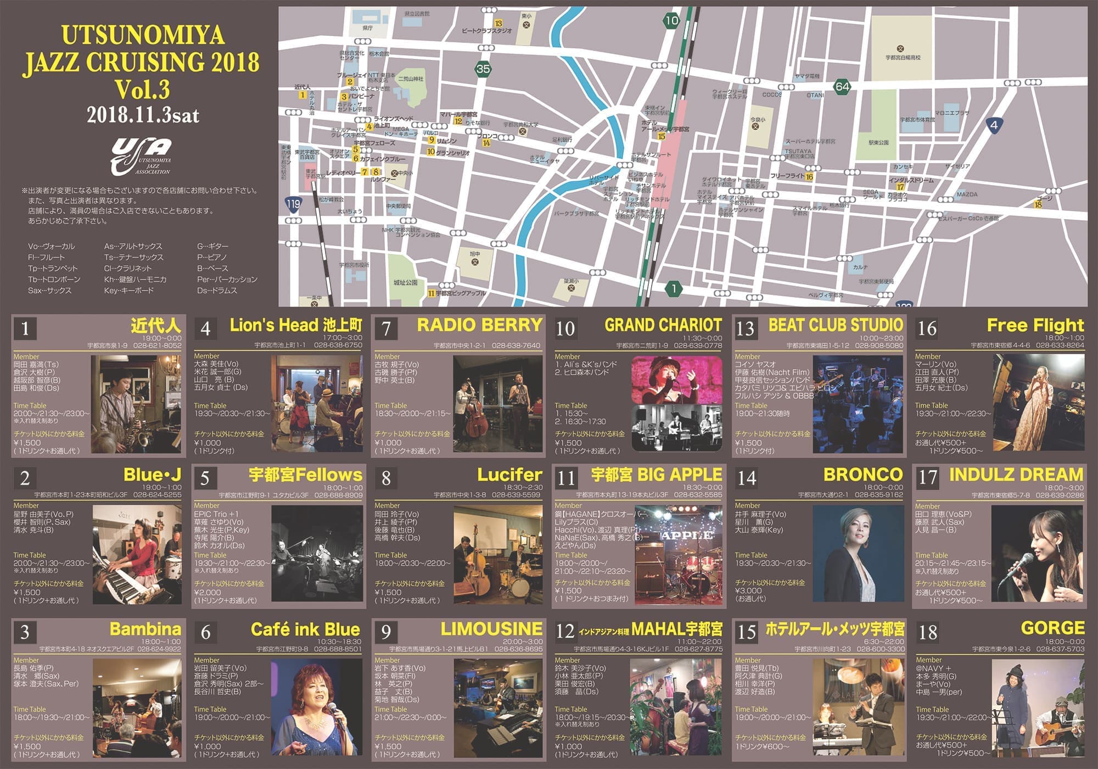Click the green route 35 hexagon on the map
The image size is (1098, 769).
[x=483, y=69]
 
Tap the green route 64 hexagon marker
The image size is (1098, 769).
[x=842, y=86]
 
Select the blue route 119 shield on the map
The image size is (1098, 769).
[x=294, y=204]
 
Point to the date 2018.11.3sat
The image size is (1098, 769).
[x=143, y=115]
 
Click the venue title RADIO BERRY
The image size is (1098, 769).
[x=479, y=325]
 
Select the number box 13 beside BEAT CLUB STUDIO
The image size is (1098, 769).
[x=745, y=328]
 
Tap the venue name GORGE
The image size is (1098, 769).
[x=1052, y=628]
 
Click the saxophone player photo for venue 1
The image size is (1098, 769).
[x=136, y=404]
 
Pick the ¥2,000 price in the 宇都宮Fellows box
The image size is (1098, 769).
[x=208, y=593]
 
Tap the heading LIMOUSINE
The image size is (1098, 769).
[x=491, y=628]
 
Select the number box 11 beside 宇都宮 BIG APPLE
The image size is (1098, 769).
[x=566, y=478]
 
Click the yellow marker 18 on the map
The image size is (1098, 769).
[x=1038, y=204]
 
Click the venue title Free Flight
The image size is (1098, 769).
[x=1035, y=325]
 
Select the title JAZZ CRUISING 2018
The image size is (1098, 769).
[x=141, y=62]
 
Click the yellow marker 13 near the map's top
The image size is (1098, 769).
[x=498, y=24]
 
